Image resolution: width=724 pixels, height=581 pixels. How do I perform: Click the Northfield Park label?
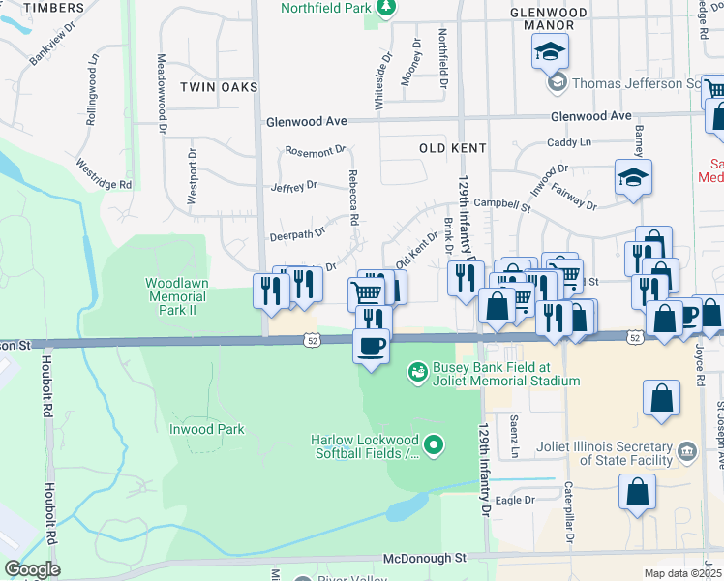pos(326,9)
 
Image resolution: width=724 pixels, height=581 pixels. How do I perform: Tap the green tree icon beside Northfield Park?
pos(386,9)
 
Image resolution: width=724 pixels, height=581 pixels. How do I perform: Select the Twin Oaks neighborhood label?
pos(219,87)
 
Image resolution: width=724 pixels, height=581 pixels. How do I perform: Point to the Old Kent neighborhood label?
pos(452,148)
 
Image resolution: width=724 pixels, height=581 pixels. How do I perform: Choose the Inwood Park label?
pos(207,429)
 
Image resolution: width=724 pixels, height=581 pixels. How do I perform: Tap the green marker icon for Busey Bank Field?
pos(418,370)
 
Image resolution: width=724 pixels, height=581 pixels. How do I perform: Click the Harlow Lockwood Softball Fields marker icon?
pos(434,445)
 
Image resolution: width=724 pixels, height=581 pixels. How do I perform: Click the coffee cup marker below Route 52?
pos(372,346)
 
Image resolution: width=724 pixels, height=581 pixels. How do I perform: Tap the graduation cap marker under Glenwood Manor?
pos(550,50)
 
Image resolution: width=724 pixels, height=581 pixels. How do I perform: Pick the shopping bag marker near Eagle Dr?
pos(640,491)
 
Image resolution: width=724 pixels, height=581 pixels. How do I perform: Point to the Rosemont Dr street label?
pos(315,152)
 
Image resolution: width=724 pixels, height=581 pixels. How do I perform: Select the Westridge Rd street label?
pos(104,174)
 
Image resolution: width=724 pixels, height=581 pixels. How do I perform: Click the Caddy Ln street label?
pos(568,142)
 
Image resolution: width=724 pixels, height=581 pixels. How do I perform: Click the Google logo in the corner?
pos(32,569)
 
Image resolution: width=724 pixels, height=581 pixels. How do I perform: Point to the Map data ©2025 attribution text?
pos(682,573)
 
